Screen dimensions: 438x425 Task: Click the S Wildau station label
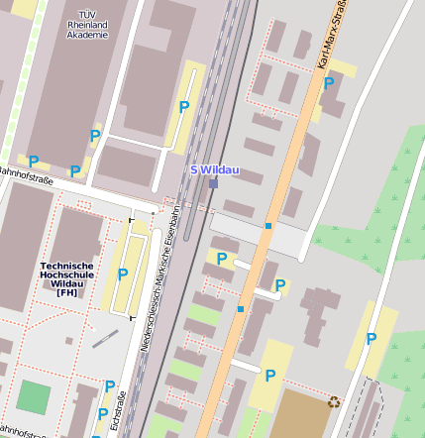click(x=215, y=169)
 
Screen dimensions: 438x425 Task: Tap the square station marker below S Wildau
click(x=213, y=183)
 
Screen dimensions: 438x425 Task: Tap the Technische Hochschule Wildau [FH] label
click(x=67, y=278)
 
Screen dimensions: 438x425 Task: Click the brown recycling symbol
click(x=334, y=402)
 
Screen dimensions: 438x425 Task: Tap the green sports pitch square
click(x=33, y=397)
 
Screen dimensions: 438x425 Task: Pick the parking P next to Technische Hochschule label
click(x=123, y=274)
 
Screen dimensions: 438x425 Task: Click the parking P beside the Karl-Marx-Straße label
click(x=329, y=84)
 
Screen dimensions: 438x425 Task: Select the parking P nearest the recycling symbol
click(x=269, y=375)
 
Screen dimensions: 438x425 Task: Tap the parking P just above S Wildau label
click(x=183, y=107)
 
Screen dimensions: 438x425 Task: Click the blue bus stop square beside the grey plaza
click(x=267, y=226)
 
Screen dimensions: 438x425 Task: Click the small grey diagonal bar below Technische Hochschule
click(x=104, y=339)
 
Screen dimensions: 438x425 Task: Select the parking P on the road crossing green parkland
click(x=372, y=339)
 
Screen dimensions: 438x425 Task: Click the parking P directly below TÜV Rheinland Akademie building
click(x=95, y=136)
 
